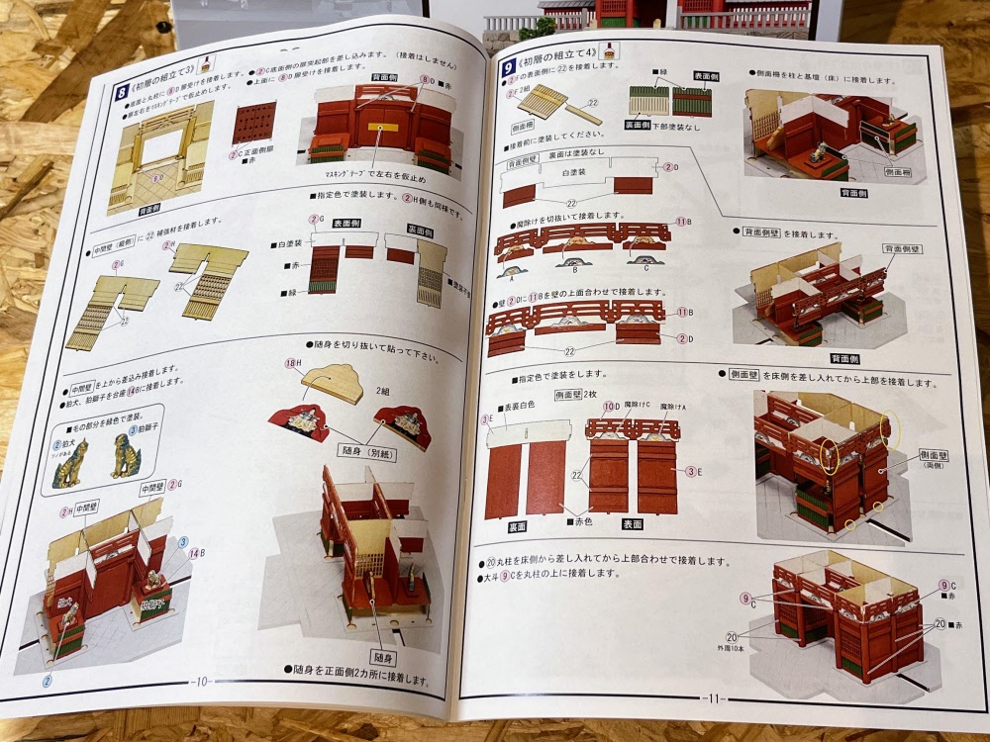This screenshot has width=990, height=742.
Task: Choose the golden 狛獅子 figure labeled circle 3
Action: [x=125, y=461]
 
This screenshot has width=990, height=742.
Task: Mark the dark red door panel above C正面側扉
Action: [x=251, y=124]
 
